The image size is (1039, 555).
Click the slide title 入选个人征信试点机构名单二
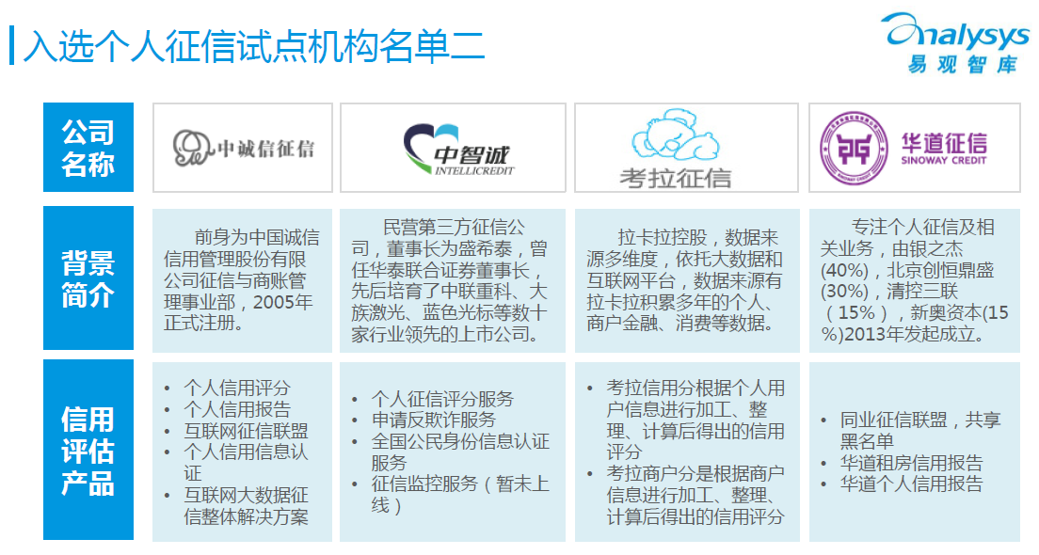254,46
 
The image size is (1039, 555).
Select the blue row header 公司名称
88,147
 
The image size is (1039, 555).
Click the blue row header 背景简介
88,278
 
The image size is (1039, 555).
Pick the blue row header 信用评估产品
88,451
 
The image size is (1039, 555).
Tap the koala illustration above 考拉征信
675,135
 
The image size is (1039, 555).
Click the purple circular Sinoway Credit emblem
854,149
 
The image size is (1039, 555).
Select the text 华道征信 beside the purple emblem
944,142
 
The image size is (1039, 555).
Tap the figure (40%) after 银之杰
844,271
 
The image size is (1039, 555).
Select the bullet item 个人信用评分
237,388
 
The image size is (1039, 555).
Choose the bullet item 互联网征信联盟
246,431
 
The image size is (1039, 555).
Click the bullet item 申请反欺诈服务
434,420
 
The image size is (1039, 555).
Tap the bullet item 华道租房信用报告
911,462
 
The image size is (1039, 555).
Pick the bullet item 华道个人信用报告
911,484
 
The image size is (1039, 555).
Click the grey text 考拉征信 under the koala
675,178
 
